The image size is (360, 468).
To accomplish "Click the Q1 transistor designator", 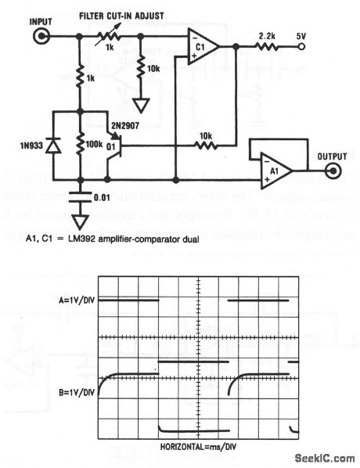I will pos(114,145).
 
